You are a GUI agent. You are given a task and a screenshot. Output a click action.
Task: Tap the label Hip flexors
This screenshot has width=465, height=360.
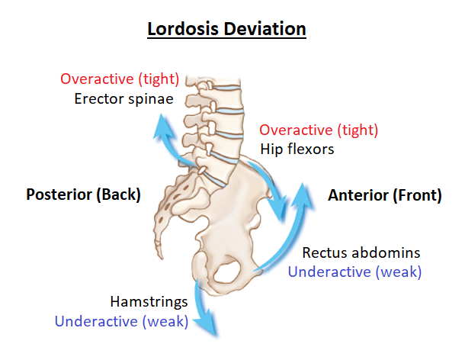pyautogui.click(x=297, y=149)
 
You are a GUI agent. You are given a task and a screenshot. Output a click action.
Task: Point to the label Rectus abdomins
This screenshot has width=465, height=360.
pyautogui.click(x=361, y=252)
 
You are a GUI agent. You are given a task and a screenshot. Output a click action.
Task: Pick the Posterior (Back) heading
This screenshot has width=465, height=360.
pyautogui.click(x=83, y=194)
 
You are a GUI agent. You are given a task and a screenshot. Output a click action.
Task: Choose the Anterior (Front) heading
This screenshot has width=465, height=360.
pyautogui.click(x=384, y=194)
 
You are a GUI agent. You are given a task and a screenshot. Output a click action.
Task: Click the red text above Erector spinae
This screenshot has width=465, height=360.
pyautogui.click(x=120, y=79)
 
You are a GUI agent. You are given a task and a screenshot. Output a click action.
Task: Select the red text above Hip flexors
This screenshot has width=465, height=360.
pyautogui.click(x=319, y=130)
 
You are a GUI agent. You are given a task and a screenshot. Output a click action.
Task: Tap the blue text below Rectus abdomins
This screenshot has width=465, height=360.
pyautogui.click(x=354, y=271)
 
